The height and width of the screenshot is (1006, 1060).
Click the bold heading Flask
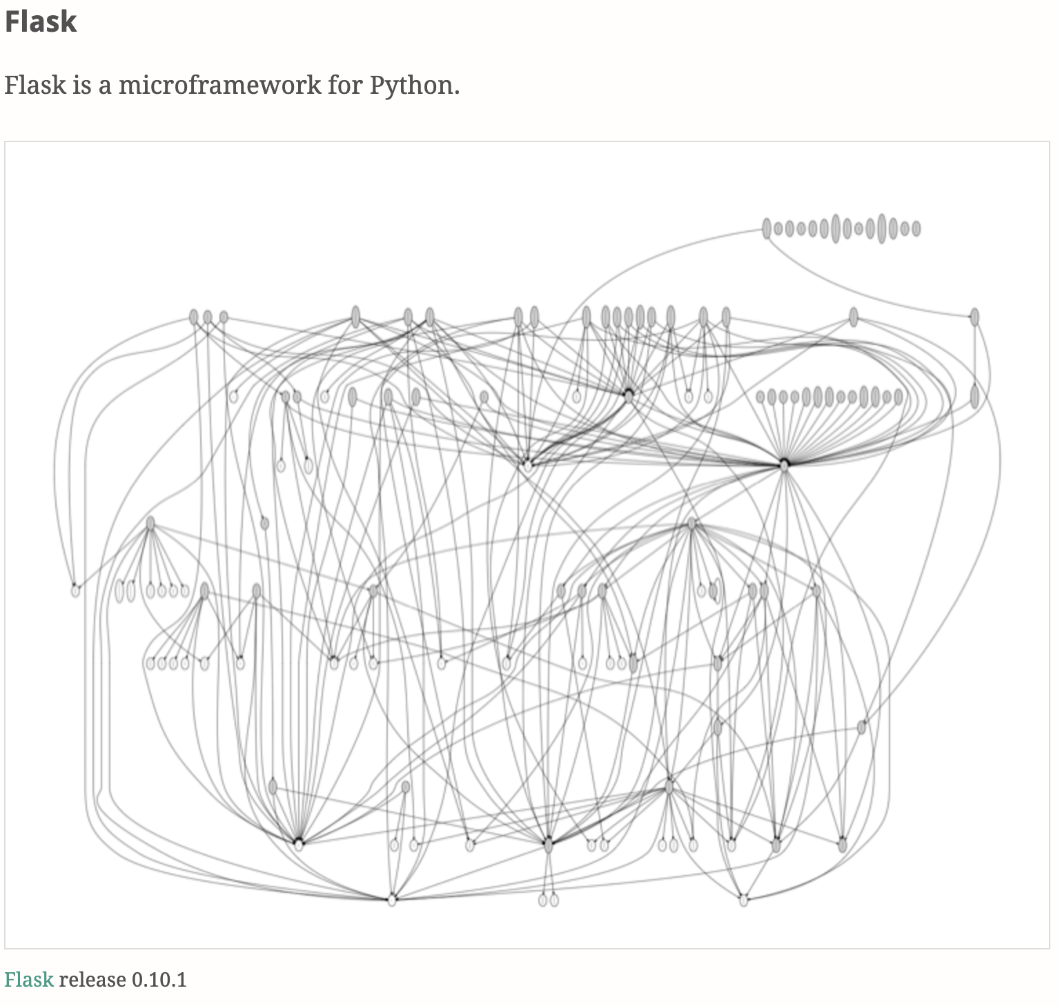(x=41, y=21)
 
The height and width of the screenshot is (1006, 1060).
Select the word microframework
(x=220, y=86)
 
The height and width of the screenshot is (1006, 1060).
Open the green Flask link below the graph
(x=28, y=980)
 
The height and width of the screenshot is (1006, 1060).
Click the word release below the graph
(x=92, y=980)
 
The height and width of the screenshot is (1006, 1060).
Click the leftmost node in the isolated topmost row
(x=766, y=228)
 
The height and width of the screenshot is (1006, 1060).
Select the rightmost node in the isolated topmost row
(x=916, y=228)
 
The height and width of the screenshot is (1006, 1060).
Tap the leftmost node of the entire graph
(x=75, y=591)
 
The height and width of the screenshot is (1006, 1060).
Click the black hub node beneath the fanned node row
(x=784, y=464)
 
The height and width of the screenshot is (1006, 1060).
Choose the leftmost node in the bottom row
(x=392, y=900)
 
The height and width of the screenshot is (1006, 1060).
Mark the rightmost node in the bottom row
(x=743, y=900)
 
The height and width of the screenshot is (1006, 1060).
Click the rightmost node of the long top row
(x=974, y=317)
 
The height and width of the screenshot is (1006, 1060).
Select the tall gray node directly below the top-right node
(x=974, y=397)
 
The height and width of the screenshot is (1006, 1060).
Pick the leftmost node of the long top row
(x=193, y=317)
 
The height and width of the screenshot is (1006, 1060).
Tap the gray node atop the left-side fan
(x=150, y=524)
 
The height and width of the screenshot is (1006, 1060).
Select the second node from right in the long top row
(x=854, y=317)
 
